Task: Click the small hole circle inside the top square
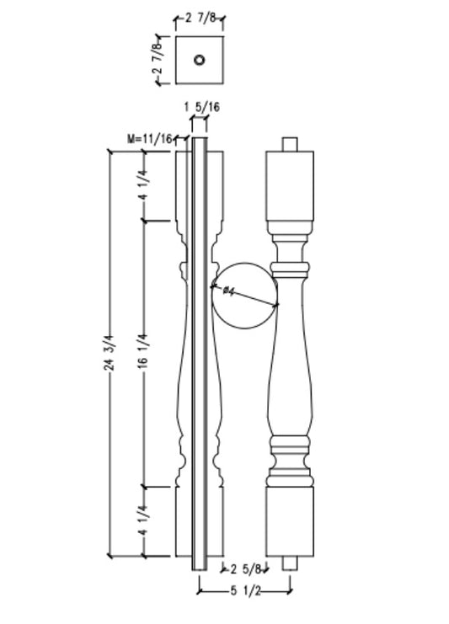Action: [x=200, y=60]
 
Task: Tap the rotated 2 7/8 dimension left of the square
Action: [x=158, y=60]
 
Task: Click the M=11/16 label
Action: [x=149, y=137]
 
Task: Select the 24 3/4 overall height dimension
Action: [x=110, y=352]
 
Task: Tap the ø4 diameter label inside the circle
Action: [x=227, y=291]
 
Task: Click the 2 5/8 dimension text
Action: [x=245, y=569]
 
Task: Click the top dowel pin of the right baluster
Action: [x=290, y=144]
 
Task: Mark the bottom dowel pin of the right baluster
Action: [x=290, y=562]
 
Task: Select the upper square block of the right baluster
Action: [x=290, y=184]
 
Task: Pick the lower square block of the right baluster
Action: [x=290, y=520]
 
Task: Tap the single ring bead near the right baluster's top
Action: [x=290, y=269]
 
